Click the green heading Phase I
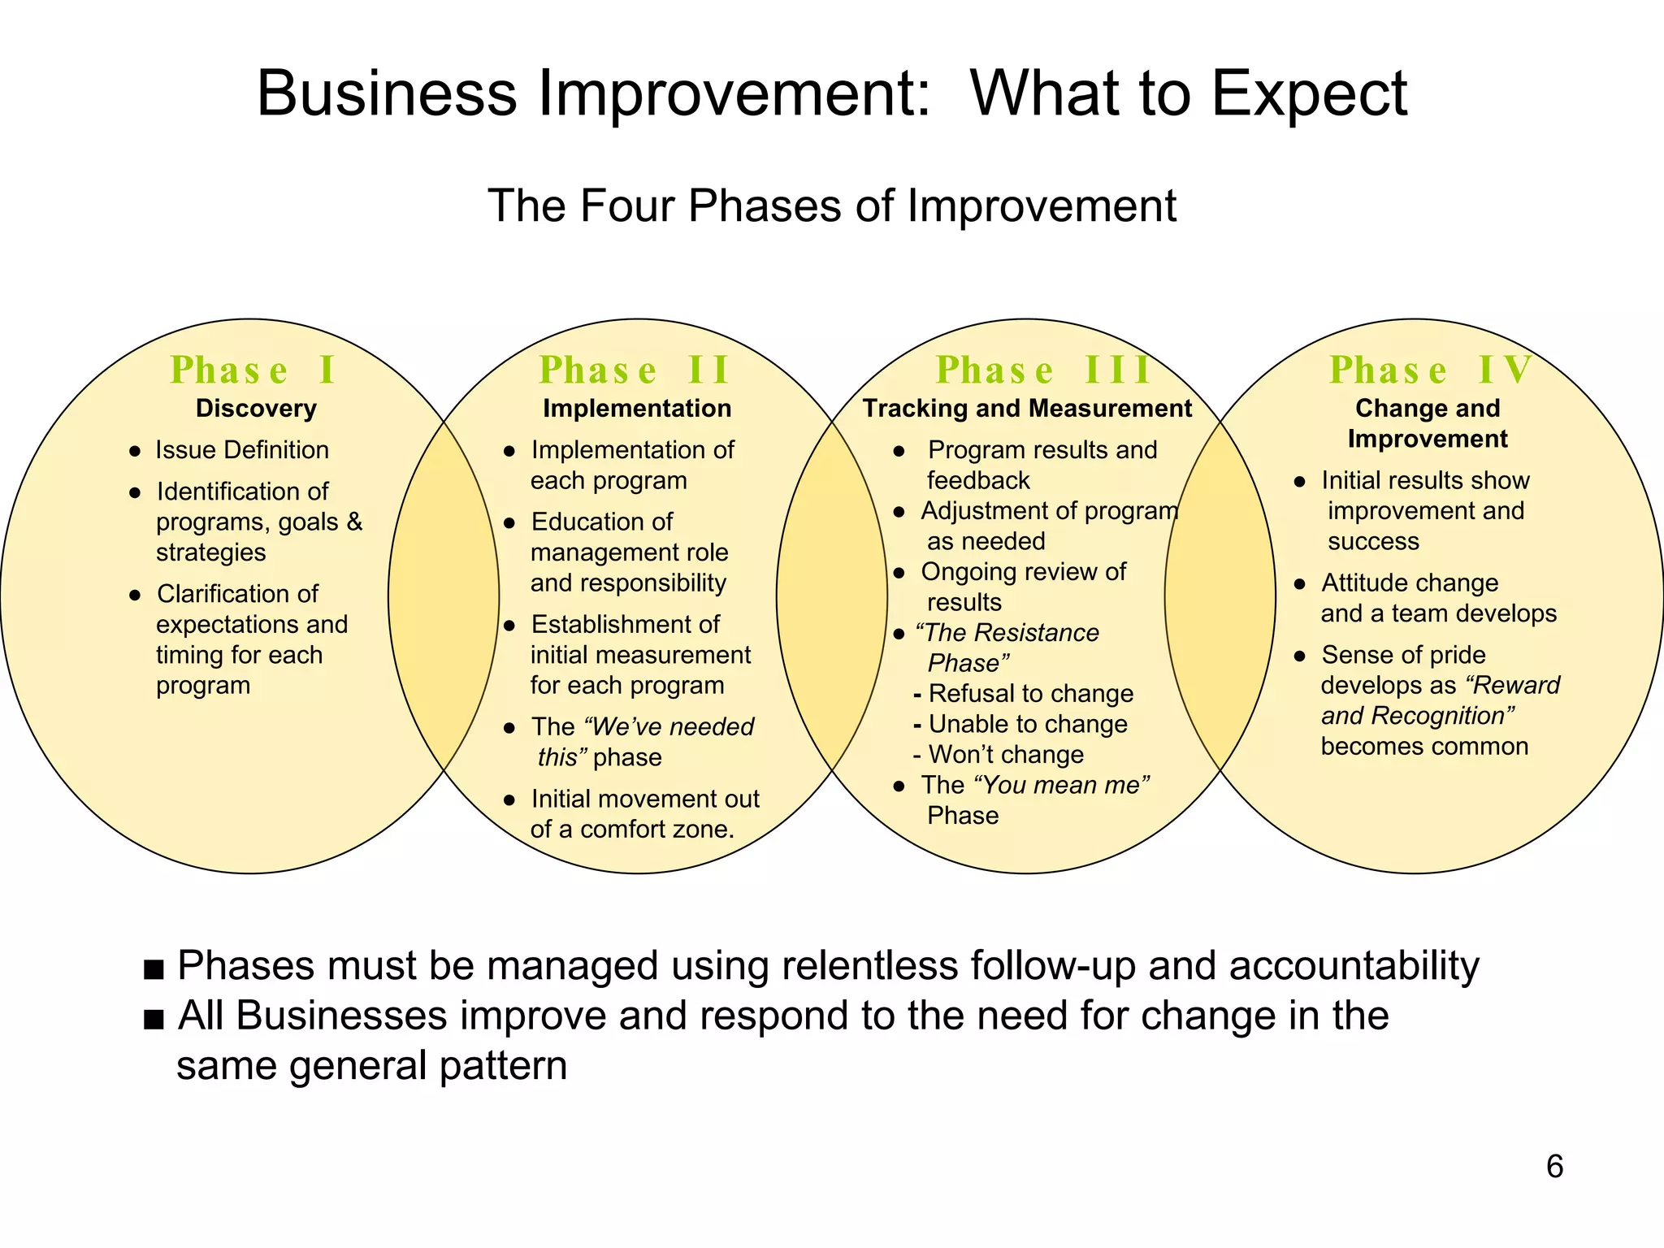pyautogui.click(x=253, y=370)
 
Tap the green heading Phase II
pyautogui.click(x=635, y=370)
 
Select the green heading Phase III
pyautogui.click(x=1043, y=370)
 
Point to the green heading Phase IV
pyautogui.click(x=1430, y=370)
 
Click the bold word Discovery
pyautogui.click(x=256, y=409)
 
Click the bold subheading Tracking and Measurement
pyautogui.click(x=1027, y=409)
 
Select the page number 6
pyautogui.click(x=1554, y=1167)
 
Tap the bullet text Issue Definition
pyautogui.click(x=242, y=450)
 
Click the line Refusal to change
pyautogui.click(x=1030, y=694)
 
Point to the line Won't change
pyautogui.click(x=1006, y=755)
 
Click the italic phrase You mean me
pyautogui.click(x=1061, y=785)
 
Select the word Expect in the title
pyautogui.click(x=1309, y=93)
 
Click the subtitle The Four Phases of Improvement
pyautogui.click(x=831, y=206)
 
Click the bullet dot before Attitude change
pyautogui.click(x=1299, y=584)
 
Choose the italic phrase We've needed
pyautogui.click(x=669, y=726)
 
